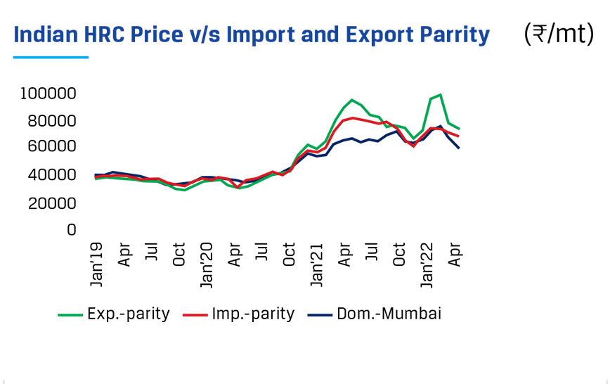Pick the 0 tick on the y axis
point(71,229)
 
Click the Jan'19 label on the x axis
point(98,266)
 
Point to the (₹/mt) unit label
point(559,33)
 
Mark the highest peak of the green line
point(440,94)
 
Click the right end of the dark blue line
point(459,148)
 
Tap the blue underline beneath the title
point(51,57)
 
